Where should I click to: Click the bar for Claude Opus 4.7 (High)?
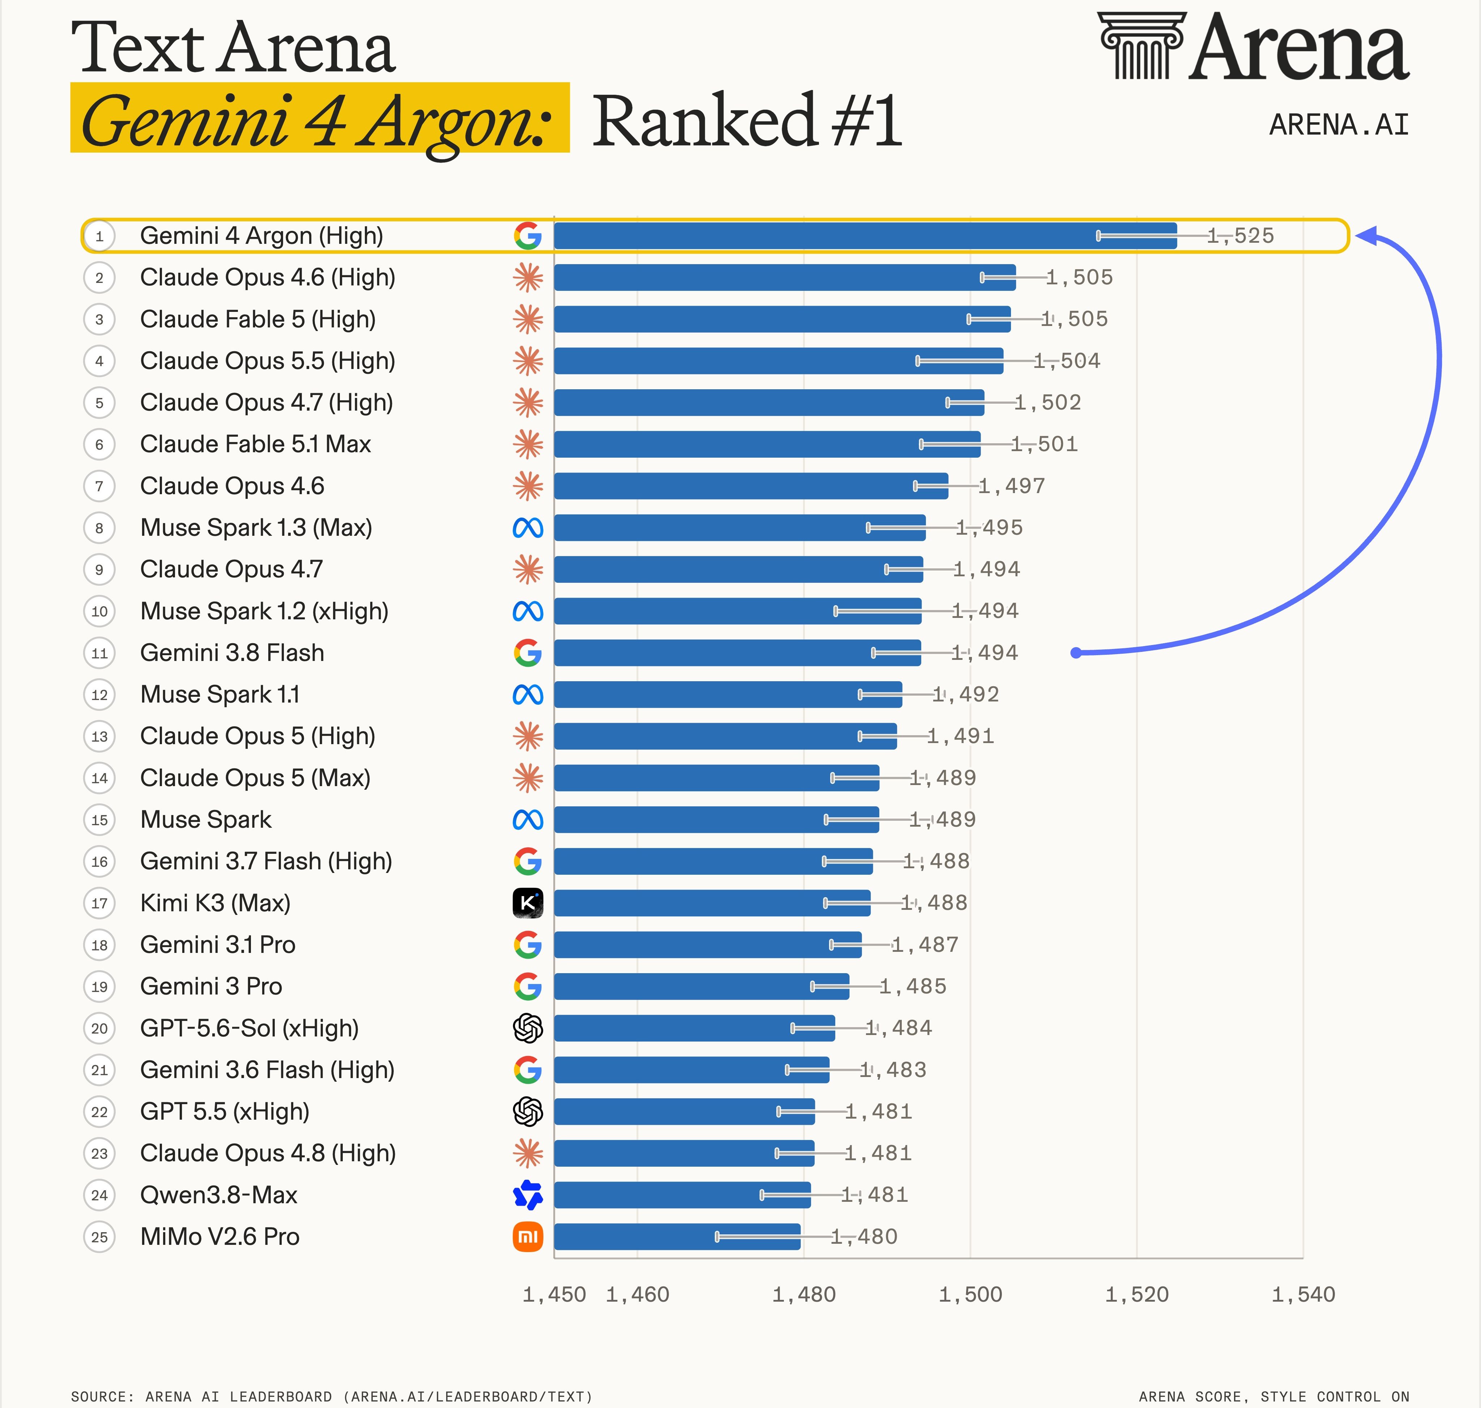click(769, 402)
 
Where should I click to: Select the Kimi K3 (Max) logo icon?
click(528, 903)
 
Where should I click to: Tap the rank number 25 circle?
click(99, 1237)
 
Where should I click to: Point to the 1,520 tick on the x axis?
click(1137, 1295)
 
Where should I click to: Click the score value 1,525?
click(1241, 236)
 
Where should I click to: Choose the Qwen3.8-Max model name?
click(218, 1195)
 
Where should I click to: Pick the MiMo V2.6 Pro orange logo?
click(528, 1237)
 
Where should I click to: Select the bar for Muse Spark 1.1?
click(728, 694)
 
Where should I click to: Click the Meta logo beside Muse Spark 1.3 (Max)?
click(528, 527)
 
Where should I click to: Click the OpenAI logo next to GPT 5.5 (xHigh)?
click(528, 1112)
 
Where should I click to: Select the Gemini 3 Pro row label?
click(211, 986)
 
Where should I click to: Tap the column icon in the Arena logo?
click(1141, 45)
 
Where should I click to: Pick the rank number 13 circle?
click(99, 736)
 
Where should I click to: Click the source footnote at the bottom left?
click(332, 1397)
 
